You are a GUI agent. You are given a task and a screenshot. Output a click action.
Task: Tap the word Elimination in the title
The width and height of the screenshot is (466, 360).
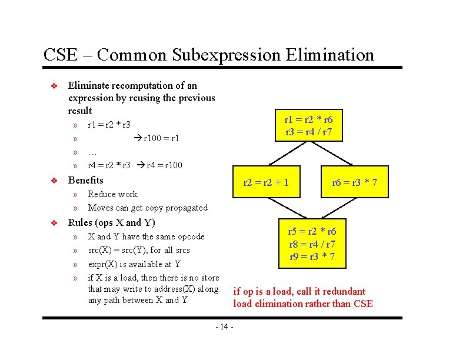[329, 55]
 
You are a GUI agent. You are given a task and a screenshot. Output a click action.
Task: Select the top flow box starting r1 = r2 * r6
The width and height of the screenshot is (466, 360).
[309, 125]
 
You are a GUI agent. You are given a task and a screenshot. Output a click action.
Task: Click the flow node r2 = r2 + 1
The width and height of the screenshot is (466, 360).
[266, 182]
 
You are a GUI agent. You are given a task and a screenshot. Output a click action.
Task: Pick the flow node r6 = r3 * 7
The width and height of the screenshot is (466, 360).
[354, 182]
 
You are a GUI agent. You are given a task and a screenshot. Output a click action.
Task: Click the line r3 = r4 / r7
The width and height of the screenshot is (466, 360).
[309, 132]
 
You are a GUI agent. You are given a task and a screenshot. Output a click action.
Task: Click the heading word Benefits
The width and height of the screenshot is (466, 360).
[86, 181]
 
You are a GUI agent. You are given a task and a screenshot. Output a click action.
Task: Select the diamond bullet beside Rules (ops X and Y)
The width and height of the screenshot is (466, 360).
[53, 224]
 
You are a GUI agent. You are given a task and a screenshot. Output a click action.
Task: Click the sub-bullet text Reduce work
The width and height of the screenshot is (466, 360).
[112, 194]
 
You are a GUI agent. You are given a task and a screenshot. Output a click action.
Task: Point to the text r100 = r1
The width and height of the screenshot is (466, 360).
[157, 139]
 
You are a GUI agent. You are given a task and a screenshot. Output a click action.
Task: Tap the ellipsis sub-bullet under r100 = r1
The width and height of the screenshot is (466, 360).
[92, 152]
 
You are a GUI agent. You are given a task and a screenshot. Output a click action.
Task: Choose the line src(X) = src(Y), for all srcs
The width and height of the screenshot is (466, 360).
[139, 250]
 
